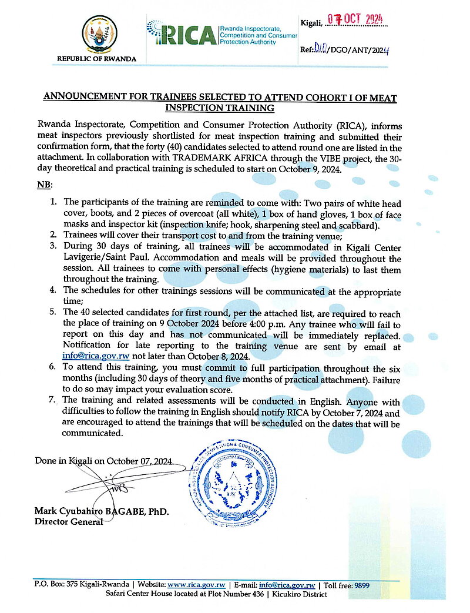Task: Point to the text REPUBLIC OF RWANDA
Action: click(x=96, y=59)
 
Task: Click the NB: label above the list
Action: click(x=44, y=185)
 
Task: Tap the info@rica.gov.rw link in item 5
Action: click(x=96, y=356)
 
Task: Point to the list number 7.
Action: click(x=52, y=400)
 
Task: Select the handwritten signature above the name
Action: click(x=117, y=486)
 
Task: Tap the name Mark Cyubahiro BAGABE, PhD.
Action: click(x=101, y=512)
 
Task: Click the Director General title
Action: click(x=68, y=521)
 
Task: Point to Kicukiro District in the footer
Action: click(x=300, y=594)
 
